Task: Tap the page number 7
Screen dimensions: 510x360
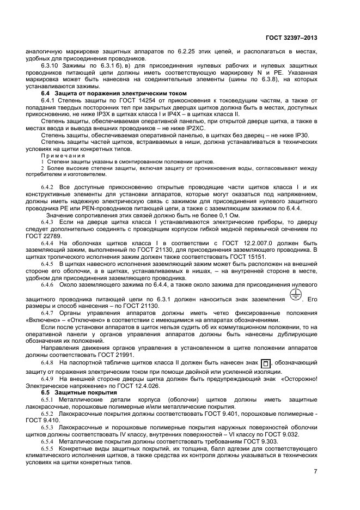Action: coord(315,471)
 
